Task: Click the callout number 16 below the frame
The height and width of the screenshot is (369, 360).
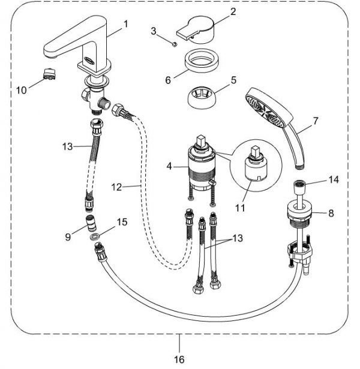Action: tap(179, 359)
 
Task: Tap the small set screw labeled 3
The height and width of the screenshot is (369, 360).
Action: tap(175, 44)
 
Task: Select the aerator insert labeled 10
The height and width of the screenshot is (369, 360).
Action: tap(49, 73)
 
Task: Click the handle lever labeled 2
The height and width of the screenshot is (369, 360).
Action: tap(195, 30)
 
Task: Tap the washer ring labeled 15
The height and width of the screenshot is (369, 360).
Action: tap(94, 237)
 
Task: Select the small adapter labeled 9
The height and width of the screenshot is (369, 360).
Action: tap(91, 223)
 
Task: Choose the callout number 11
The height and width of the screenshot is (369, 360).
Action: tap(240, 208)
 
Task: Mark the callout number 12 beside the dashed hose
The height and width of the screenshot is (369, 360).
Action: tap(117, 187)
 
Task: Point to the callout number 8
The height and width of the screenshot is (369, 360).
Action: tap(331, 213)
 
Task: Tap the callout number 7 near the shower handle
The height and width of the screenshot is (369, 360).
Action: tap(315, 121)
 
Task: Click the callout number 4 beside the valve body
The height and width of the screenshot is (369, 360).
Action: tap(169, 166)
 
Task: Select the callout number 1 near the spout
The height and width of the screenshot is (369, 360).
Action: tap(126, 24)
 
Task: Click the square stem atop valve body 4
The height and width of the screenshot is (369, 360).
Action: tap(201, 142)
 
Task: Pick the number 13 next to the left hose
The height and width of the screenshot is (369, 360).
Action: tap(68, 146)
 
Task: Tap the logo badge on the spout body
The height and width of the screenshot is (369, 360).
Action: tap(88, 61)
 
